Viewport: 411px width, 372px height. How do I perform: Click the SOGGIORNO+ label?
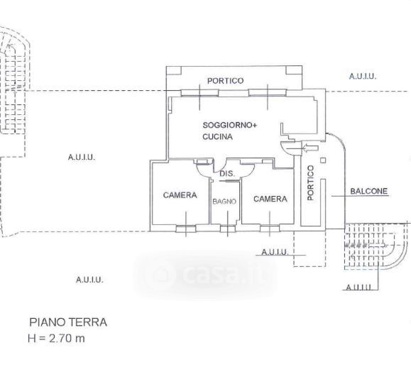point(229,125)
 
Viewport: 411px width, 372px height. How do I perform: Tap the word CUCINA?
point(217,136)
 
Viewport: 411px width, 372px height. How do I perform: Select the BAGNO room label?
point(224,202)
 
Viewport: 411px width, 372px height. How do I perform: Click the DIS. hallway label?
point(227,173)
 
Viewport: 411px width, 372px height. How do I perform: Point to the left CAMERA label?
point(180,195)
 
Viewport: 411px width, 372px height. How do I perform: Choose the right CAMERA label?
point(270,199)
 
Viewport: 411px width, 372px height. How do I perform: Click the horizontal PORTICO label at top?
point(226,81)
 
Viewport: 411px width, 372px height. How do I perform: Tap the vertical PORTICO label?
point(310,182)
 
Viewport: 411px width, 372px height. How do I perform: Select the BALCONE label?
point(369,191)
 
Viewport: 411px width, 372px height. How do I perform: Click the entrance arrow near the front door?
point(311,148)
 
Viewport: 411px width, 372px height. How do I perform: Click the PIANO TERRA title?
point(68,322)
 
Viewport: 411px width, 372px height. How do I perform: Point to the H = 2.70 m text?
point(56,339)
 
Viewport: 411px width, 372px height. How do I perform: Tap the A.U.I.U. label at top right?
point(363,76)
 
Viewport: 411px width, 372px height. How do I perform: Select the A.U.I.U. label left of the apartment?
point(82,158)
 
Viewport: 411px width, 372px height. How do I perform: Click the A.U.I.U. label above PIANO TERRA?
point(89,280)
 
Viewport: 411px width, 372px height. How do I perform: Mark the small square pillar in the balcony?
point(323,160)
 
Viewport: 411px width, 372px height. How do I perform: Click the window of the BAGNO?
point(228,229)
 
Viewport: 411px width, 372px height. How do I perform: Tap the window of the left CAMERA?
point(186,229)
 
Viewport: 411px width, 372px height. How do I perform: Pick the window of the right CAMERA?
point(270,229)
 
